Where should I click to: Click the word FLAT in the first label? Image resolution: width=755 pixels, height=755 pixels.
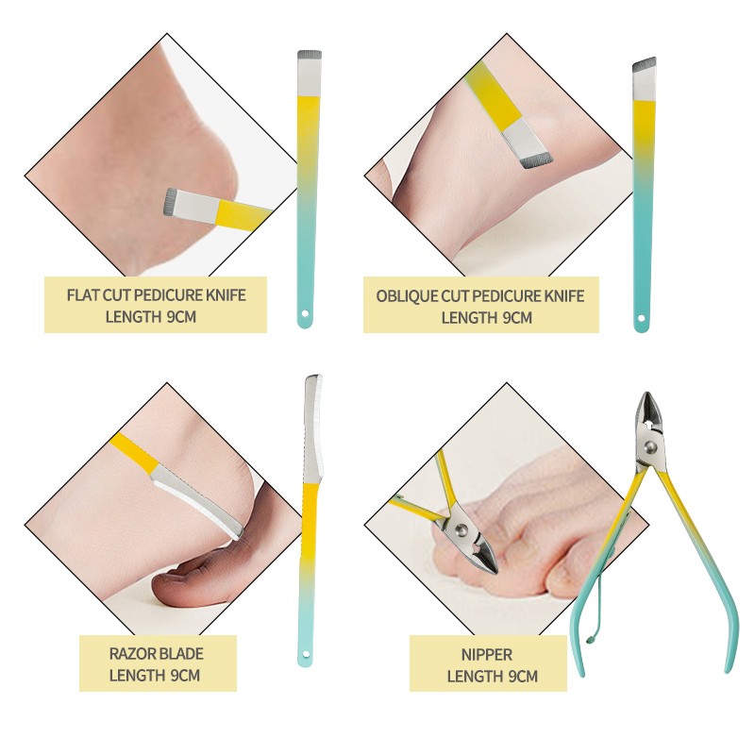point(83,294)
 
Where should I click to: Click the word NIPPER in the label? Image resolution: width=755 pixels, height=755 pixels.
point(487,654)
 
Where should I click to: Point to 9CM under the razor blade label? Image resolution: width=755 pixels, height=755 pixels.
point(183,675)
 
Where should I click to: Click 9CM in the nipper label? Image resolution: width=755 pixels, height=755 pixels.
point(522,676)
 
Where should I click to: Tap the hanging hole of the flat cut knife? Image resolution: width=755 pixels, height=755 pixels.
point(304,313)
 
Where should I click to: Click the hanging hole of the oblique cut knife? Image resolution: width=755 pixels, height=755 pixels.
point(641,318)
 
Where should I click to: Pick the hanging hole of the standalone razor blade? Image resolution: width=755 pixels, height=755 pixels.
point(305,655)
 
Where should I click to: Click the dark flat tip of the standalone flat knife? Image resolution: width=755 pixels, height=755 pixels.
point(310,55)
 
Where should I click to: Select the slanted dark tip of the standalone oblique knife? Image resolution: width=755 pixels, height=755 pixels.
point(645,64)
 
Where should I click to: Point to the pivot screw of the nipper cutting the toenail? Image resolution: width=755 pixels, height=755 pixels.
point(461,530)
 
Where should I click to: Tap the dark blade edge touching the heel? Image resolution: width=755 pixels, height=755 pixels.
point(169,201)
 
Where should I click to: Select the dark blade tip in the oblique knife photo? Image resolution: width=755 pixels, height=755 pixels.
point(536,161)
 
